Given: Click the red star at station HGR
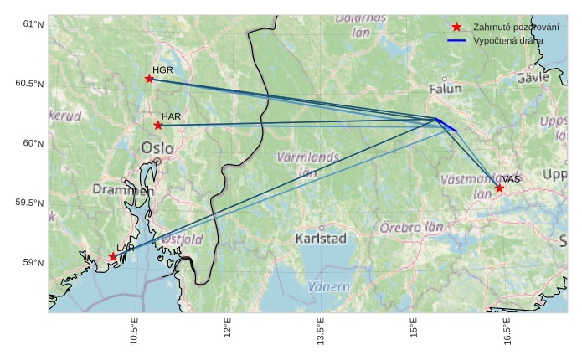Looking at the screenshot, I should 149,79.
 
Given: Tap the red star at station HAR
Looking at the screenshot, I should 158,126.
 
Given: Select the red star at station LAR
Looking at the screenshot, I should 113,257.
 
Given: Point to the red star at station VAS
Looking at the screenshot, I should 499,188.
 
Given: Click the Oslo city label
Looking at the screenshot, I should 157,148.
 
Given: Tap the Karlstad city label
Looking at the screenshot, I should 321,239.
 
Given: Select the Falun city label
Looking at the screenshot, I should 445,89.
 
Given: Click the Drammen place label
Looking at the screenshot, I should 123,190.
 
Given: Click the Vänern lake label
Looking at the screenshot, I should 329,286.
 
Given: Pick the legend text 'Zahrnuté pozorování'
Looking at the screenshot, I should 516,27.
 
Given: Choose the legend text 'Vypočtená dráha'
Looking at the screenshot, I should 507,40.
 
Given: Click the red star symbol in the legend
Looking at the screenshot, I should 456,27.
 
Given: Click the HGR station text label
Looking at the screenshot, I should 162,69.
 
